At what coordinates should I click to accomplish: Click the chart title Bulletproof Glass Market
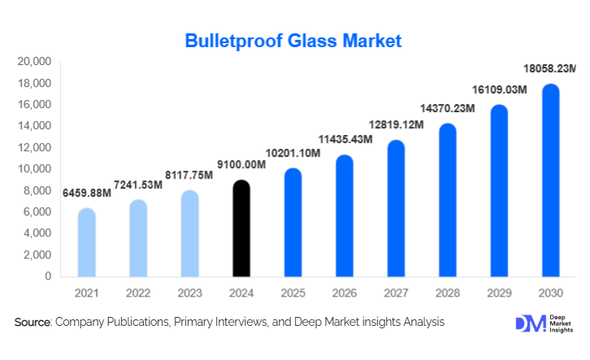pos(293,41)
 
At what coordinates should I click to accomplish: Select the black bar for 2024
pos(241,229)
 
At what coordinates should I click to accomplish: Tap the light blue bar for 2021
pos(87,243)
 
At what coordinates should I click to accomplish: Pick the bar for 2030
pos(550,180)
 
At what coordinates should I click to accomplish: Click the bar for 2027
pos(396,209)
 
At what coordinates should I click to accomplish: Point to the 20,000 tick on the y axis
pos(34,62)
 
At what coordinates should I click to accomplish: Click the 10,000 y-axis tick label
pos(34,169)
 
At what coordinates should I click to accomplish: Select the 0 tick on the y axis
pos(48,276)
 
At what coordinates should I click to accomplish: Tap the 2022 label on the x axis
pos(138,293)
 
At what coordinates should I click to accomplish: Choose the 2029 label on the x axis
pos(499,293)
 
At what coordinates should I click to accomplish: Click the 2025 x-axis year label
pos(293,293)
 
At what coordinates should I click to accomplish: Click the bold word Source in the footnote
pos(33,323)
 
